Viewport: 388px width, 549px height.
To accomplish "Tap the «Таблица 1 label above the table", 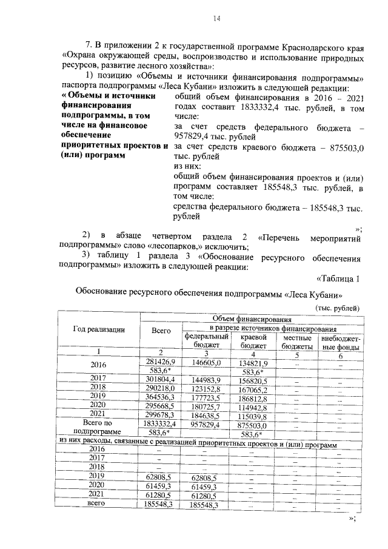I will point(338,278).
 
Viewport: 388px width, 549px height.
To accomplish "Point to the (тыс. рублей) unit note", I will point(337,308).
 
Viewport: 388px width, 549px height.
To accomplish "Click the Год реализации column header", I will point(99,329).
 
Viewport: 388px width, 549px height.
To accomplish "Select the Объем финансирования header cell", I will point(252,318).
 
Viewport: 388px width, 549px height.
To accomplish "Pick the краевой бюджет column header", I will point(254,340).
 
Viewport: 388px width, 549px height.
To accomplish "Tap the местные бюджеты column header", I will point(296,340).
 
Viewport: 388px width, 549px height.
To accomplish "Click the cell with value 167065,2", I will point(254,387).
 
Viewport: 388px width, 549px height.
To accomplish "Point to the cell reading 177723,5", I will point(206,396).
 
